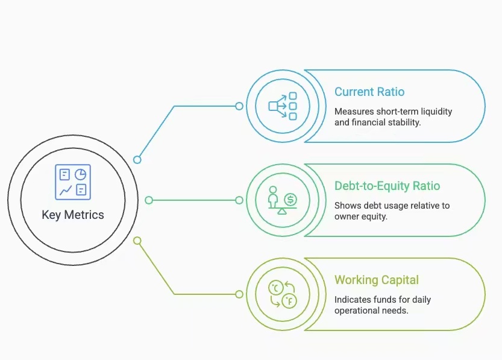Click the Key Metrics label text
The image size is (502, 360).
coord(72,215)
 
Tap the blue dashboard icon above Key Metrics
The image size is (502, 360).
coord(72,182)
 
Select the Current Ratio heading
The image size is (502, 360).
coord(369,92)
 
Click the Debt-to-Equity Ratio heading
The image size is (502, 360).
coord(387,186)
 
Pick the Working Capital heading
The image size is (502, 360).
coord(377,280)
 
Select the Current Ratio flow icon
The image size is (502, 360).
coord(283,106)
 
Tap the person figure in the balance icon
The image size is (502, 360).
coord(273,197)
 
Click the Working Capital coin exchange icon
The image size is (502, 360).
coord(283,294)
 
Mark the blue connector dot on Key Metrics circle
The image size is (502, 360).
coord(137,160)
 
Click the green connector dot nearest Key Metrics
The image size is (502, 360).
coord(149,200)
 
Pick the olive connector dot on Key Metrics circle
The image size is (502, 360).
coord(137,241)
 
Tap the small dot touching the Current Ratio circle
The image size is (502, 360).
coord(239,106)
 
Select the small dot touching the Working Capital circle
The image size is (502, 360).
coord(239,294)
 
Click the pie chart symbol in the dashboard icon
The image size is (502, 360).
coord(80,174)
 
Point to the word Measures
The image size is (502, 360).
coord(353,112)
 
